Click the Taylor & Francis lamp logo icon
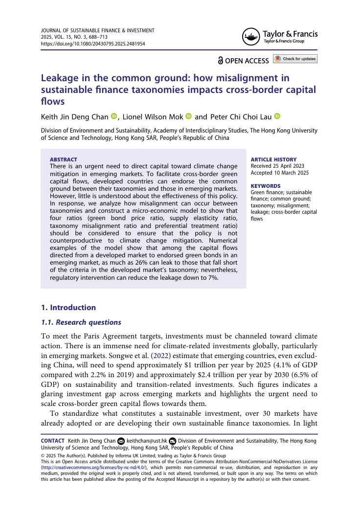(251, 36)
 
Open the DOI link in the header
(92, 44)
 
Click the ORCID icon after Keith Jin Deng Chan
(114, 116)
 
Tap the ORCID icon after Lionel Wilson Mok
(188, 116)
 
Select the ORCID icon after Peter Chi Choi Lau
(277, 116)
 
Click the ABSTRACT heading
(64, 159)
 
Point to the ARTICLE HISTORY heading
(273, 159)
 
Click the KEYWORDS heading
(266, 186)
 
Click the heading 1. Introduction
(68, 307)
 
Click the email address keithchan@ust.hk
(147, 441)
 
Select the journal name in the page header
(97, 30)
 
